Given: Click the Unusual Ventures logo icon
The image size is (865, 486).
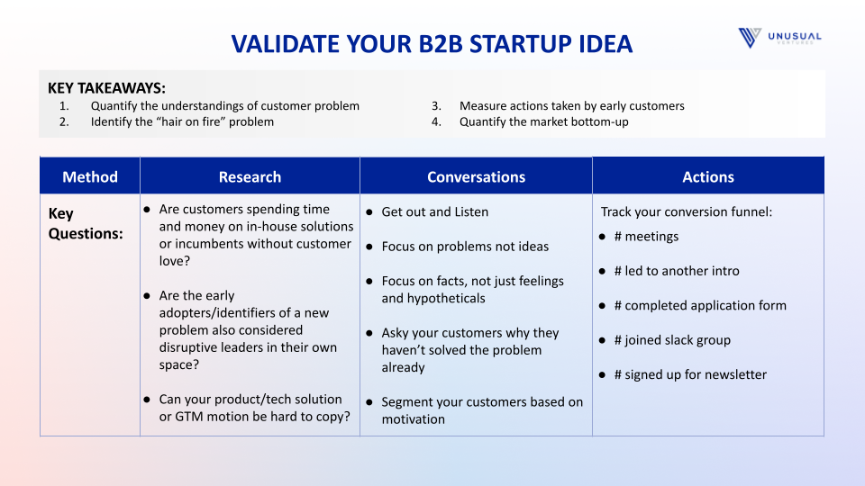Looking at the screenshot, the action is click(750, 38).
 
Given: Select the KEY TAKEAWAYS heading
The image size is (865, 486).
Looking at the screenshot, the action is click(106, 88).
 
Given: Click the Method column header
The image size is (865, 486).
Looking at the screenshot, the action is click(90, 177).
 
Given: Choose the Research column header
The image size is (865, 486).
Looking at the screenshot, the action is click(250, 177).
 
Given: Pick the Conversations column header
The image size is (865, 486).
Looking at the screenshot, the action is click(476, 177).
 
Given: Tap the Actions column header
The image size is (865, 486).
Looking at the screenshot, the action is click(708, 177).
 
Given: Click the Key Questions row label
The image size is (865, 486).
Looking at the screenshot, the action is click(86, 223).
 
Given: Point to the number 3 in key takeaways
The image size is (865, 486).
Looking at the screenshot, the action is click(436, 106).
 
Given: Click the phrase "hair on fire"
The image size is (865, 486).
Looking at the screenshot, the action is click(184, 121).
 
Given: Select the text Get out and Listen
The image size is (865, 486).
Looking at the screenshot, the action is click(434, 212).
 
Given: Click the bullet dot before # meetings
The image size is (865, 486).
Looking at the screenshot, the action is click(603, 237).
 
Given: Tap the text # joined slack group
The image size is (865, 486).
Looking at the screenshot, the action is click(672, 340).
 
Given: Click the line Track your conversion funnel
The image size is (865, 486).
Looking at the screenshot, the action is click(687, 212).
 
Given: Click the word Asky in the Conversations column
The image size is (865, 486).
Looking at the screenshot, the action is click(395, 333).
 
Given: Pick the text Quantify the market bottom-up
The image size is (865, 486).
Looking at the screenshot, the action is click(544, 121).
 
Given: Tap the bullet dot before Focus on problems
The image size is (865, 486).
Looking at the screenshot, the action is click(369, 247).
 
